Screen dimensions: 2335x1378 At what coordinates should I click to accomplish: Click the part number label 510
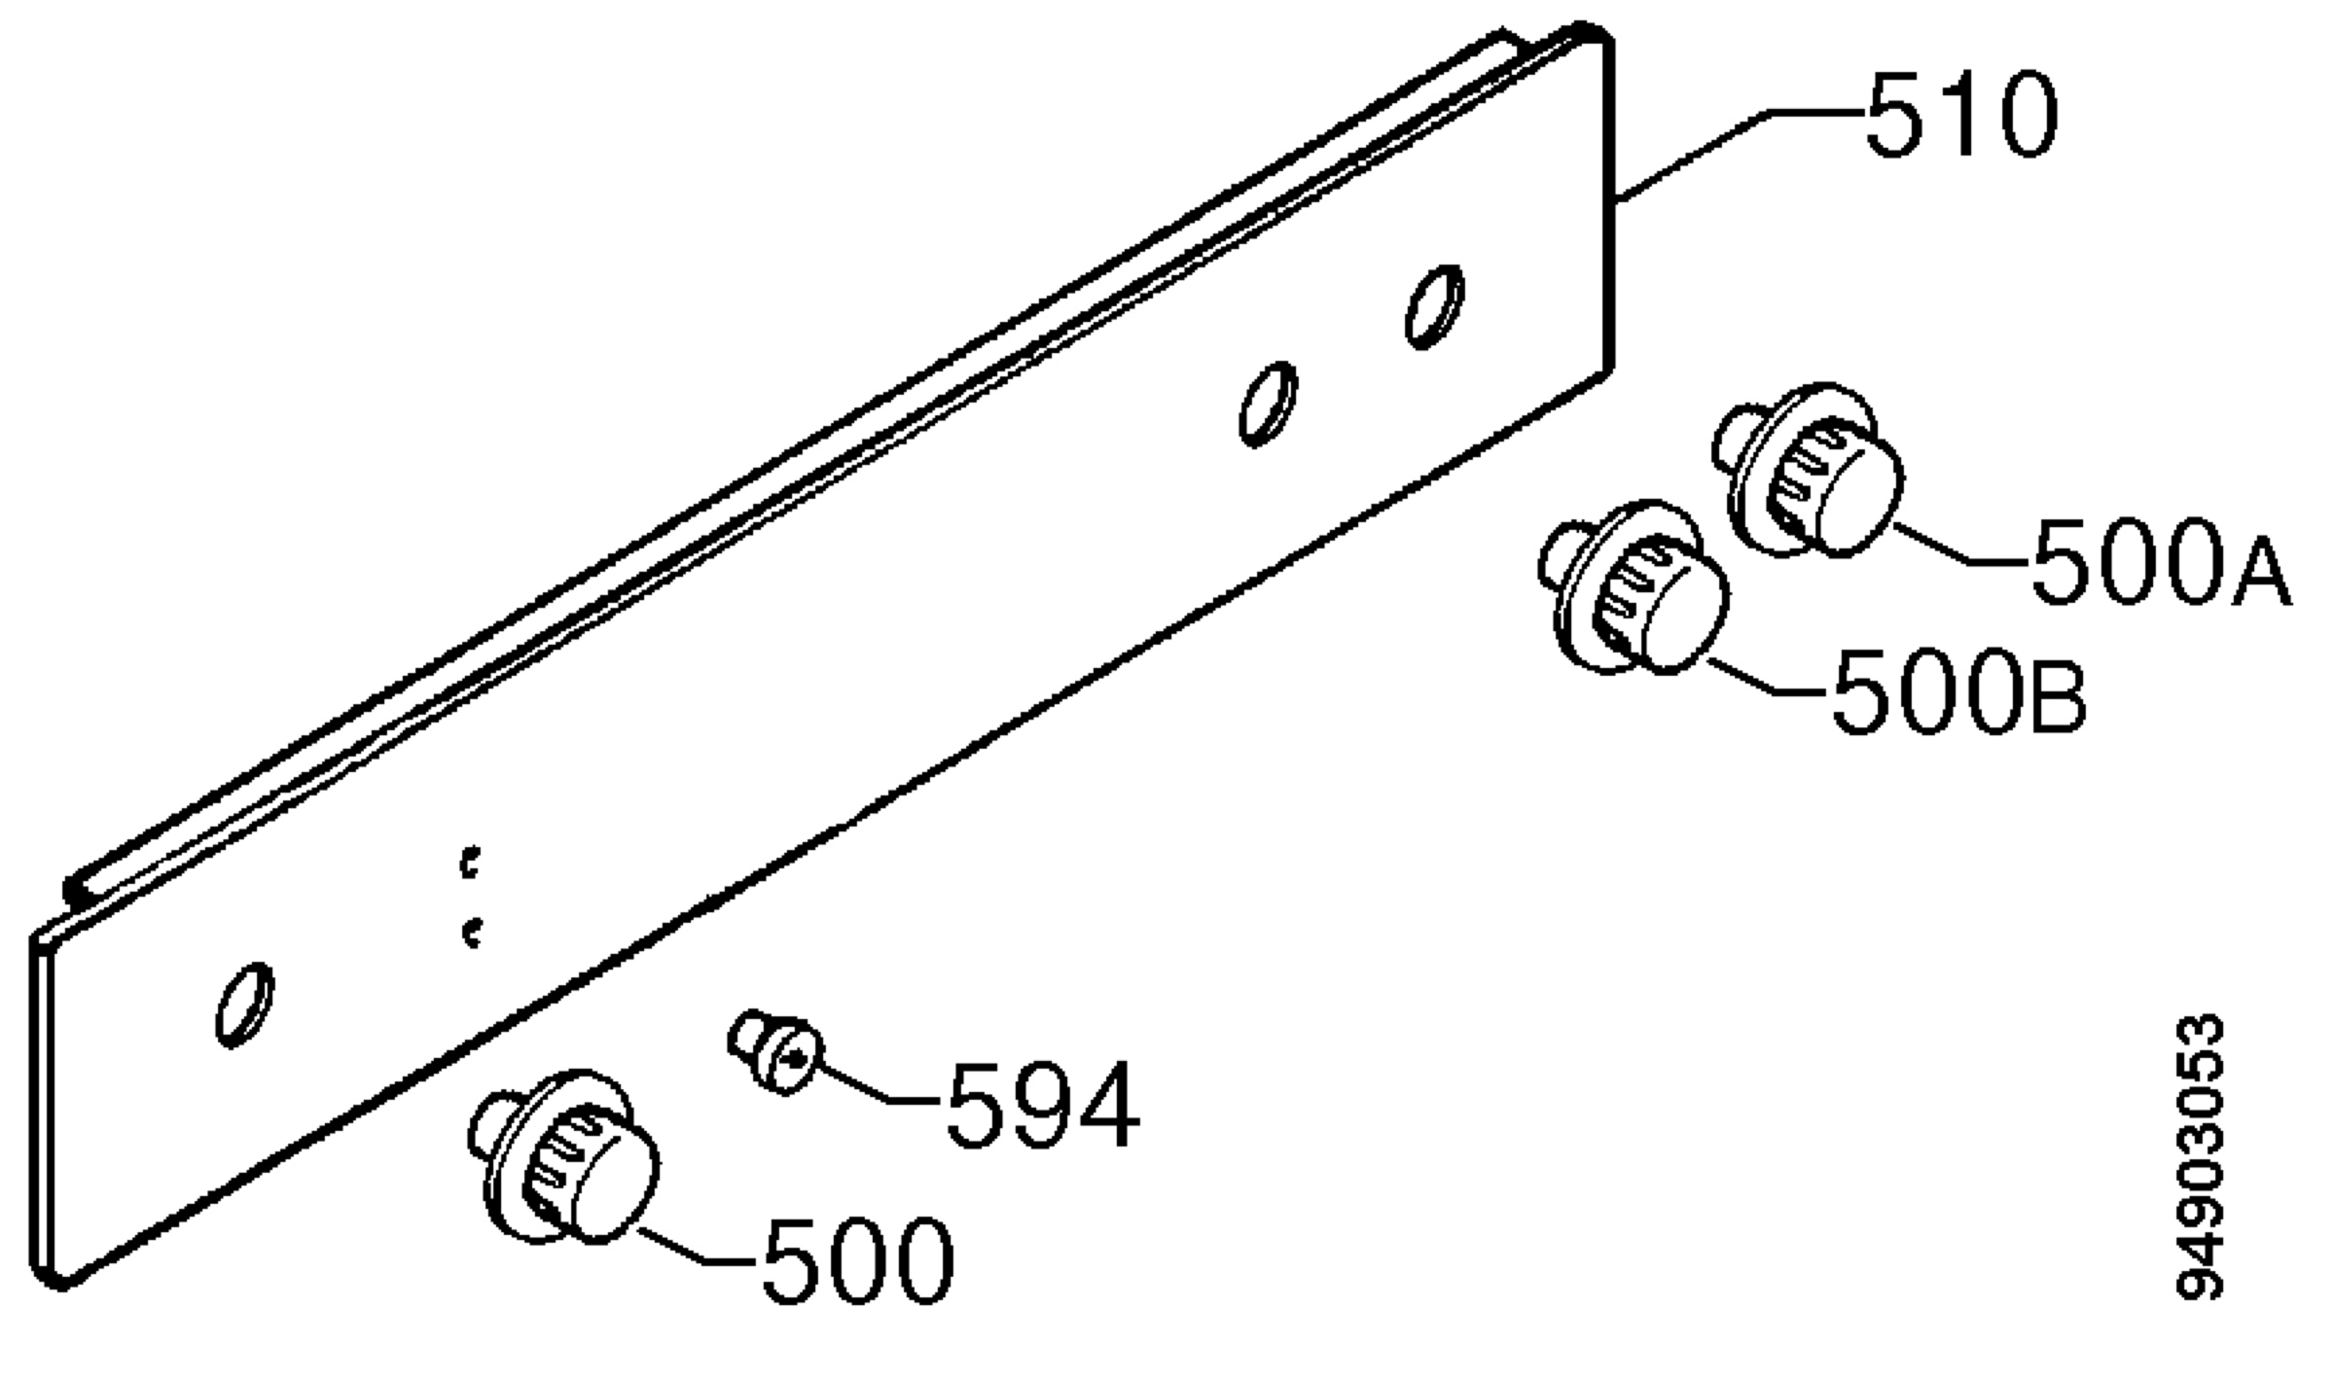click(x=1960, y=115)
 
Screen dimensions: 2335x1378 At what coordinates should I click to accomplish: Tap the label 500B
click(x=1958, y=692)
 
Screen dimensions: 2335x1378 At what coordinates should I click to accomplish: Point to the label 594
click(x=1042, y=1104)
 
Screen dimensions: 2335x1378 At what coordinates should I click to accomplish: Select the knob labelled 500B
click(x=1634, y=587)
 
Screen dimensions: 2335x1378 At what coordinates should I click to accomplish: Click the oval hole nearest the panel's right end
click(x=1434, y=306)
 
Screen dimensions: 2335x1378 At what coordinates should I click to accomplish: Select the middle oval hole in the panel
click(x=1268, y=405)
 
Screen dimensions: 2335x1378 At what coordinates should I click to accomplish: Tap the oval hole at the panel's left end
click(x=244, y=1006)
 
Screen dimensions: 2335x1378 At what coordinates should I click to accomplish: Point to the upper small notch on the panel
click(x=471, y=863)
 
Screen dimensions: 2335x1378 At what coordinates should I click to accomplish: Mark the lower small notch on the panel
click(x=473, y=933)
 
